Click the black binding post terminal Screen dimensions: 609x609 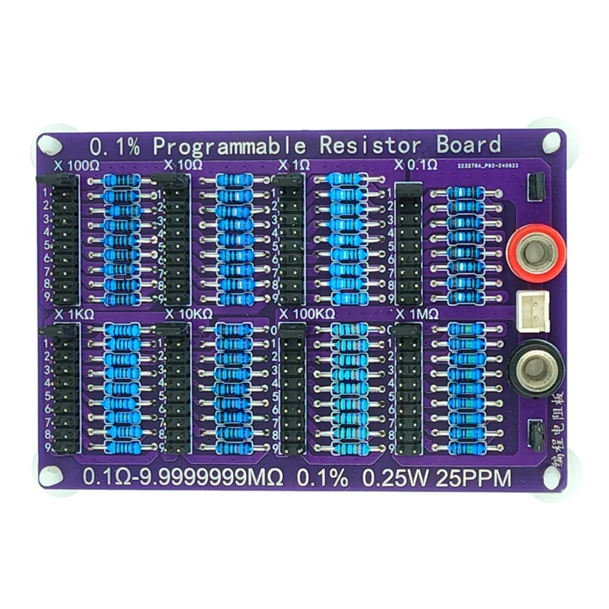[537, 368]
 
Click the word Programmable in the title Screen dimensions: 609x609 [229, 145]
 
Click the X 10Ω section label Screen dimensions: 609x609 [183, 165]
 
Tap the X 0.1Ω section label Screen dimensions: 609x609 [415, 165]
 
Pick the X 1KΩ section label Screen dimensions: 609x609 [74, 314]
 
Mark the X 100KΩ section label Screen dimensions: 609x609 [307, 314]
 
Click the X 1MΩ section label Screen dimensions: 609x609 [416, 314]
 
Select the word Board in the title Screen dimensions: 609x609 [468, 145]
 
